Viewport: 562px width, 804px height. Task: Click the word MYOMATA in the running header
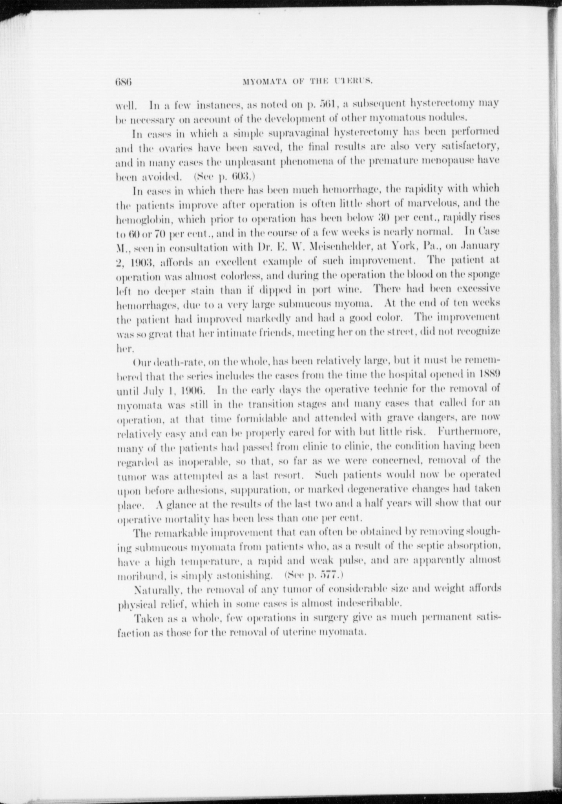(261, 82)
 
